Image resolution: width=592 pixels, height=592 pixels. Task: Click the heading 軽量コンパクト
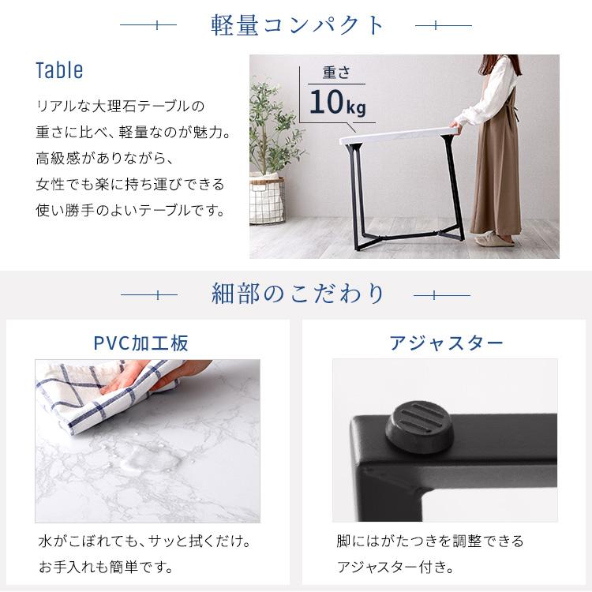298,25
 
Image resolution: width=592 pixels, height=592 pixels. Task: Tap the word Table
59,71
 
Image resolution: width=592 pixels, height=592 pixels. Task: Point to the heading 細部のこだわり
298,294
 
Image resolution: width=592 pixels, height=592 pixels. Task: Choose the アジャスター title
445,343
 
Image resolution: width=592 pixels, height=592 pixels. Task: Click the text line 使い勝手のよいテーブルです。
130,212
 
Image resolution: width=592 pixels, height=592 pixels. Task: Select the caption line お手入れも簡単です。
106,567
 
